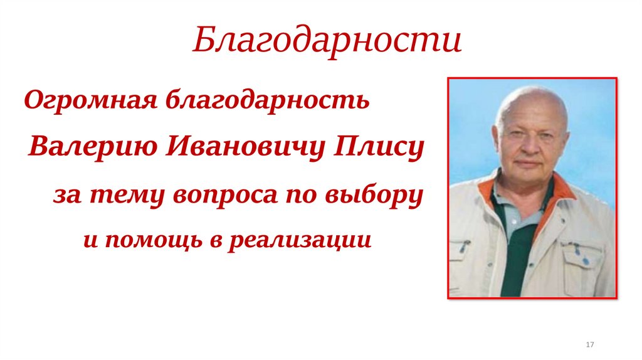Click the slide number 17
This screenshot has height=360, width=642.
click(589, 346)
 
